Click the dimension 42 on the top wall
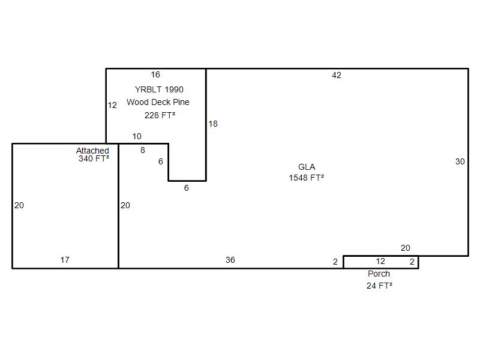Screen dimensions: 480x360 click(337, 76)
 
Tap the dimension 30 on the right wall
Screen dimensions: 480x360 click(460, 161)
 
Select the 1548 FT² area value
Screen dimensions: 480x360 click(307, 178)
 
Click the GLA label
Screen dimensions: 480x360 click(307, 167)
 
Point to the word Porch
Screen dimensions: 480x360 click(379, 274)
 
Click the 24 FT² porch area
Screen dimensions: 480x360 click(379, 286)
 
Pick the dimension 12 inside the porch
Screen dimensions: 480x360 click(380, 261)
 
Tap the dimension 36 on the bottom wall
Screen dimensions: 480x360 click(230, 260)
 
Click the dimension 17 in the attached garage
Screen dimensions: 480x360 click(65, 260)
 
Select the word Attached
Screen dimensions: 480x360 click(92, 151)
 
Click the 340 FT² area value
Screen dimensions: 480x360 click(94, 158)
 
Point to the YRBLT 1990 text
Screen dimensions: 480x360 click(159, 89)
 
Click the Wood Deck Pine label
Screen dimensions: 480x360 click(158, 102)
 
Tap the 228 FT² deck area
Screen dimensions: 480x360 click(160, 115)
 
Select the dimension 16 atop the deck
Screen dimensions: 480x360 click(155, 74)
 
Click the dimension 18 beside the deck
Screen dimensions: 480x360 click(213, 124)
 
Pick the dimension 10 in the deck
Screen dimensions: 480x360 click(137, 136)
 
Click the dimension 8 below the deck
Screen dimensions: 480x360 click(143, 150)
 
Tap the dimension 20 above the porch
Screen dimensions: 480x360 click(406, 248)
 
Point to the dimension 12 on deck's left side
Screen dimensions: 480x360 click(112, 106)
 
